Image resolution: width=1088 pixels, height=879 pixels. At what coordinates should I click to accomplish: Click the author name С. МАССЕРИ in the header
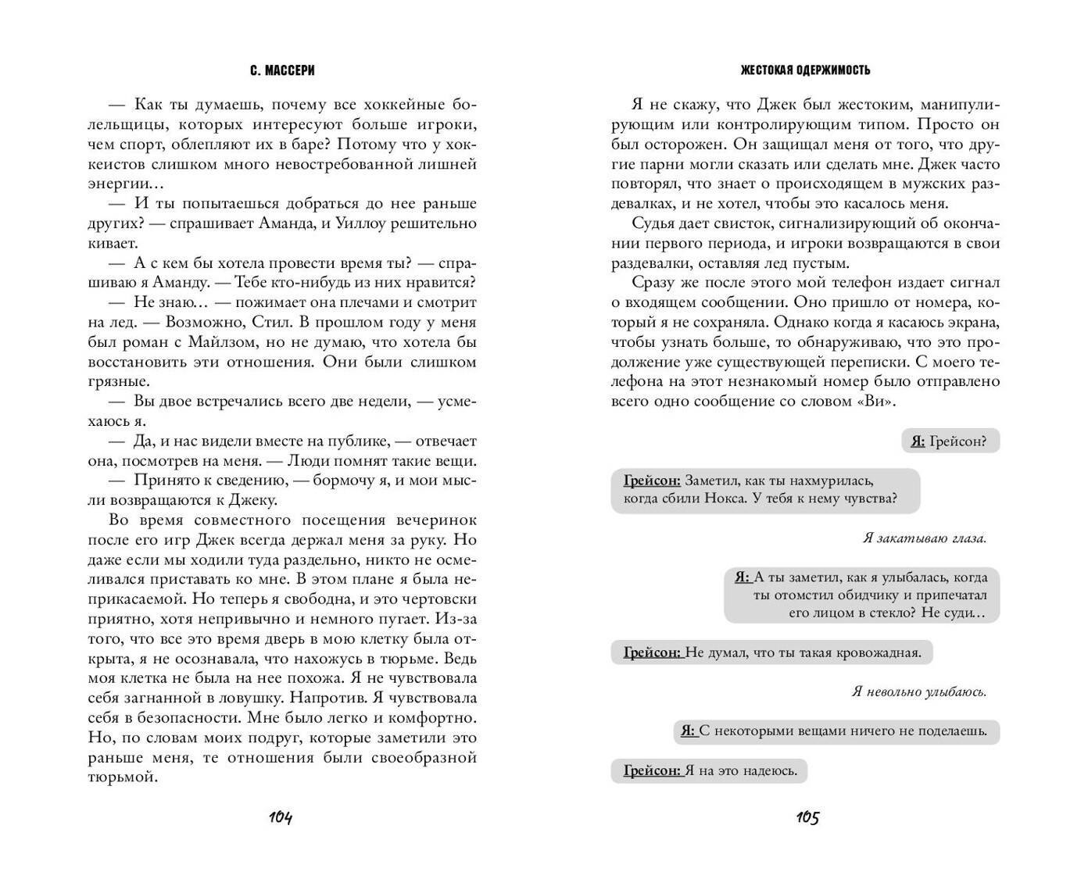(282, 70)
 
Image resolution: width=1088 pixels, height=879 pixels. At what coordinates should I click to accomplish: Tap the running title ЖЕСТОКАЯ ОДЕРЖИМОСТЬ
(805, 70)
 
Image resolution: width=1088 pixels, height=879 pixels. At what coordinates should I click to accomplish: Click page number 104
(281, 818)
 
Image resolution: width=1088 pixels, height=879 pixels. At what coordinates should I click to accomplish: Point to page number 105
(807, 818)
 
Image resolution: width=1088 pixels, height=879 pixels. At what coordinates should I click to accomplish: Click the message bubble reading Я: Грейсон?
(950, 441)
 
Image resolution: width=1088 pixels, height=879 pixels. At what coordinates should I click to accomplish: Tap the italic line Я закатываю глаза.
(925, 538)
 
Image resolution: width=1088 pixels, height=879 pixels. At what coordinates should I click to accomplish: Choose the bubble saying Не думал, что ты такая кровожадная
(771, 652)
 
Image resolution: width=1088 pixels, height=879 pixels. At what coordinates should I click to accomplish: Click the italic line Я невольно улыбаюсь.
(919, 692)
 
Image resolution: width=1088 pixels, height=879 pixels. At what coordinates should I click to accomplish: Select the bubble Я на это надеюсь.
(709, 771)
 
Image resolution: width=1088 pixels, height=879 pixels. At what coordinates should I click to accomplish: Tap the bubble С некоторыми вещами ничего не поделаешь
(836, 731)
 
